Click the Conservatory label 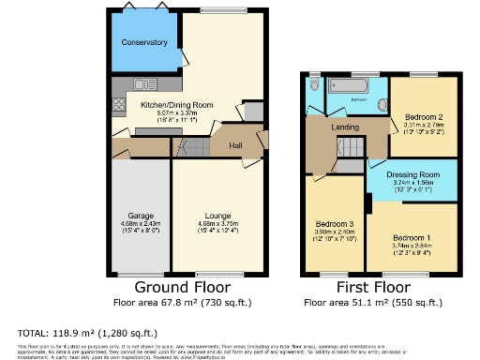tap(143, 42)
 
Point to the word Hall tap(238, 144)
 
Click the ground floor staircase tap(191, 146)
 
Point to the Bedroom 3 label tap(335, 225)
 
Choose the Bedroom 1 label tap(412, 236)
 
